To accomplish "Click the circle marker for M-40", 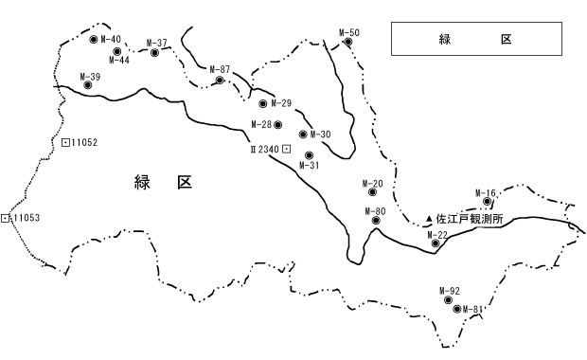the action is pos(93,40).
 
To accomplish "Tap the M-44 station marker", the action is pos(116,50).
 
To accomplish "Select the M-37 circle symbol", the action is pos(154,53).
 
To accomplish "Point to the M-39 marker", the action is pos(88,85).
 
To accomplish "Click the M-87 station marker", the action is pos(220,80).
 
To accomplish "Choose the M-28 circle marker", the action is pos(277,124).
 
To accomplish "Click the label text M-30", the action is pos(320,135).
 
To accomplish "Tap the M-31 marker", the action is pos(309,154).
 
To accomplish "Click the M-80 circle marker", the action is pos(376,221).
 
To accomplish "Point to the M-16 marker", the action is pos(488,201).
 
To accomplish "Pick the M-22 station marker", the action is pos(436,244).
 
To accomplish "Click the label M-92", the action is pos(450,290).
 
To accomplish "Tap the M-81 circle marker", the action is pos(456,309).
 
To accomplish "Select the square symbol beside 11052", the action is pos(65,143).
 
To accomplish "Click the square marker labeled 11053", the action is pos(7,218).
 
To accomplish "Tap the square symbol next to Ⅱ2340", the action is pos(286,150).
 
